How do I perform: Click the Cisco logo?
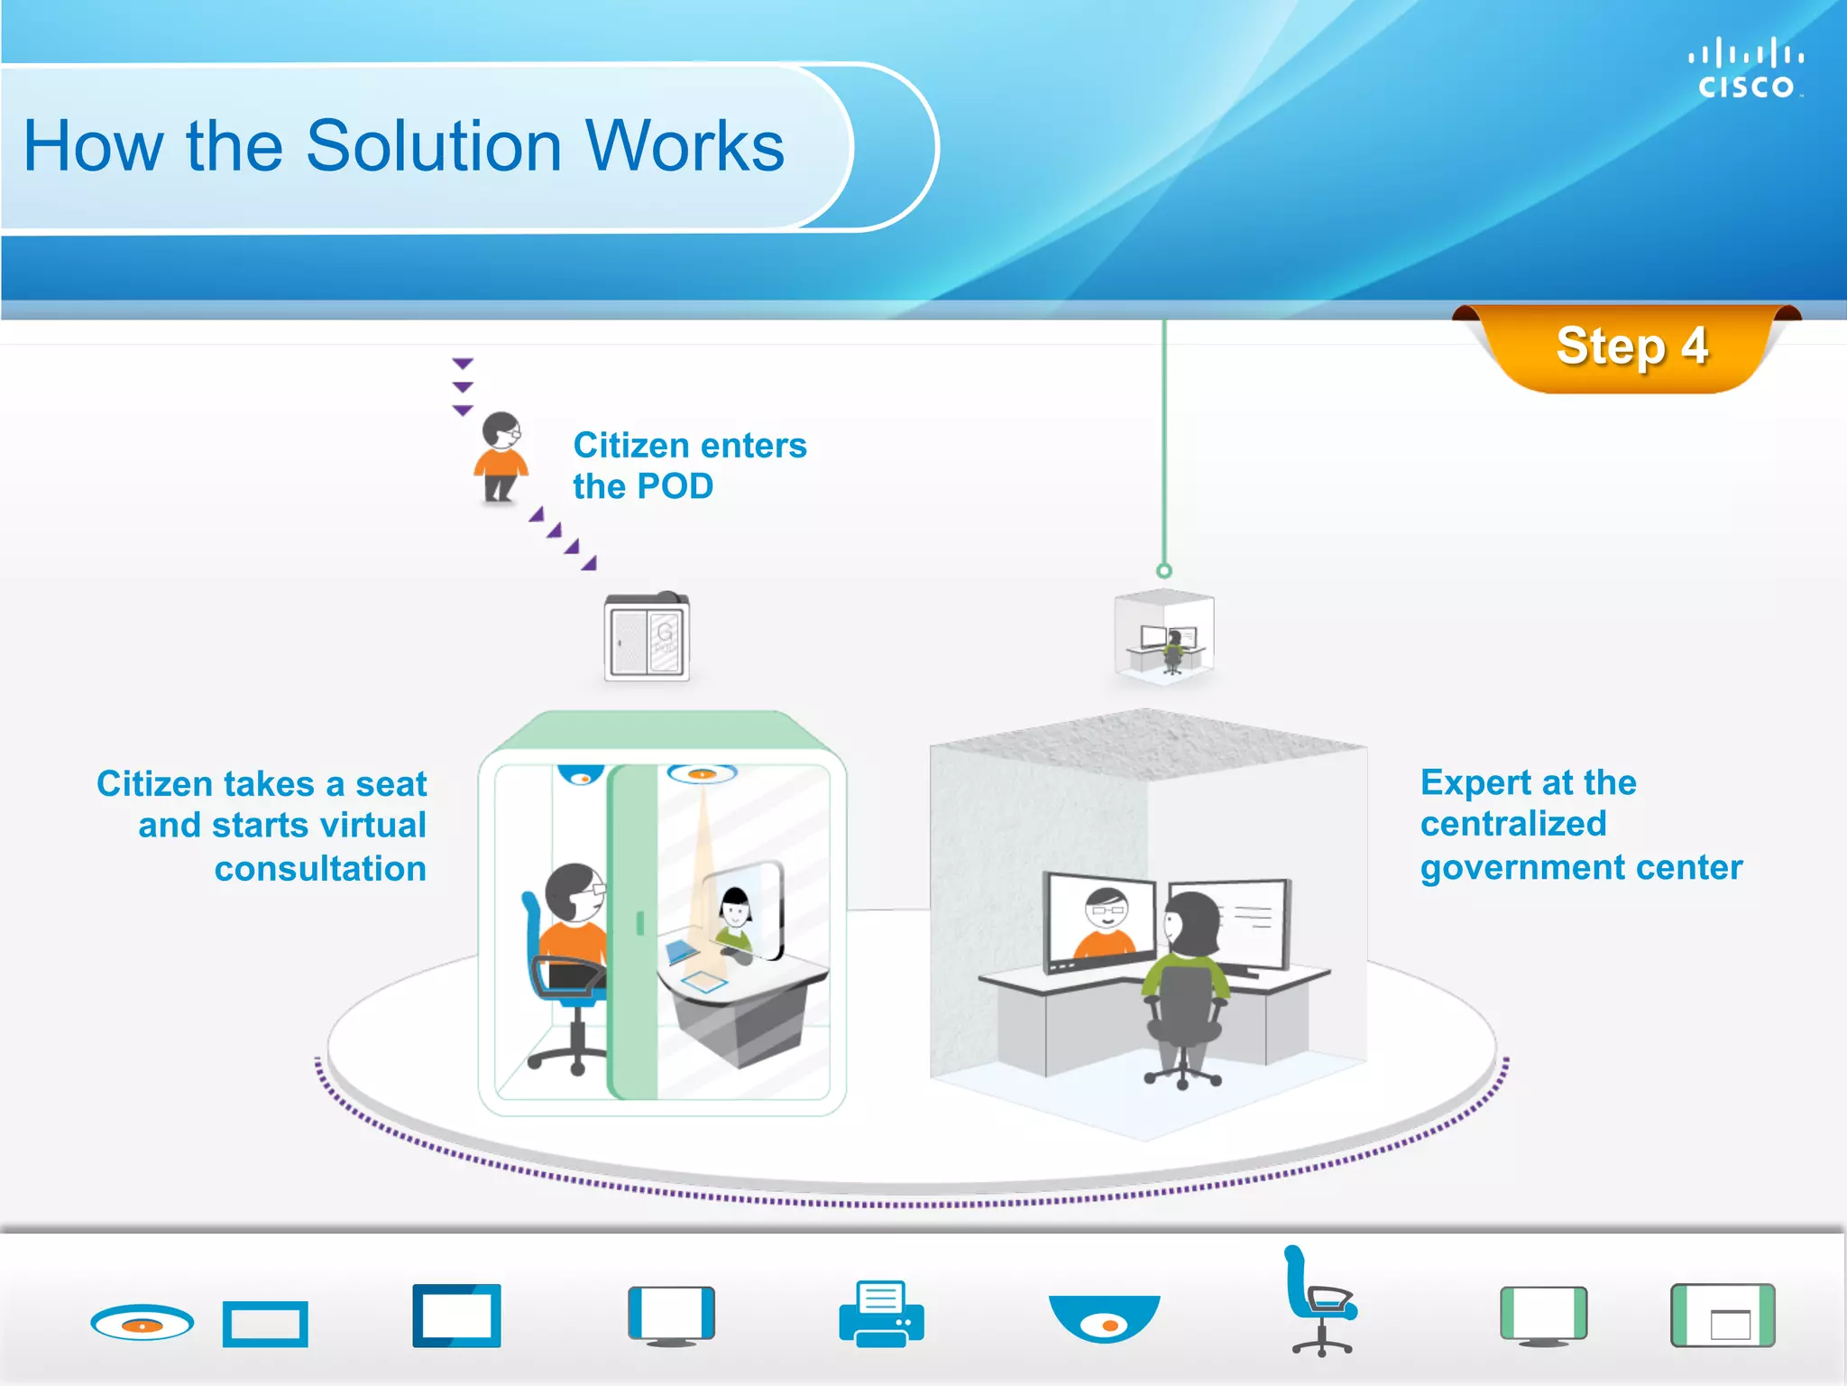click(1745, 69)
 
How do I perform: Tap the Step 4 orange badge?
click(1631, 347)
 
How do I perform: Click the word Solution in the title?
click(433, 146)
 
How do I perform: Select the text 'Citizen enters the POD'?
click(689, 466)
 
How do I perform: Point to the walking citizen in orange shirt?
click(501, 457)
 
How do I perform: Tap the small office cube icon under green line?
click(1164, 637)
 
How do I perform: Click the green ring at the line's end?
click(1164, 570)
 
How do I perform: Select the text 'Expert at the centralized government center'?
click(1580, 824)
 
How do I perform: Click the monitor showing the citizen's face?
click(1100, 920)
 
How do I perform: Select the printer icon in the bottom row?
click(881, 1314)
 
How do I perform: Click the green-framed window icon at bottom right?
click(1723, 1316)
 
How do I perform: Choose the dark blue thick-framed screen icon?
click(456, 1316)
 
